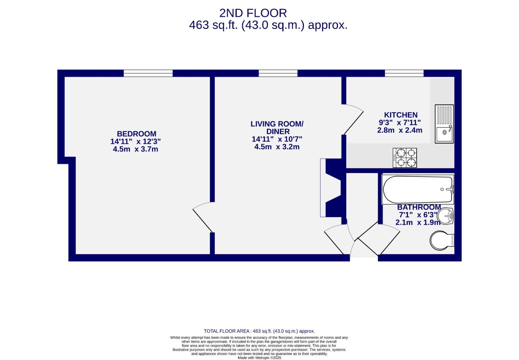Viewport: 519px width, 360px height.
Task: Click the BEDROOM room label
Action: [137, 134]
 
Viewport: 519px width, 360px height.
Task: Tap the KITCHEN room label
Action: [401, 115]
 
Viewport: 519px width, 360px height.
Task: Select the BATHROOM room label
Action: [419, 207]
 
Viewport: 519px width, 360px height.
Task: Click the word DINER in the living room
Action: [278, 132]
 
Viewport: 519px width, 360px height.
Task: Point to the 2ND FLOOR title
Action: [253, 13]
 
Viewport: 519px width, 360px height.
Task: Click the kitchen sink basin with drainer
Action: [444, 124]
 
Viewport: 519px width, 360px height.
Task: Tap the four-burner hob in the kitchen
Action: [405, 158]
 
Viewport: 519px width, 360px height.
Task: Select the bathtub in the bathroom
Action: [418, 189]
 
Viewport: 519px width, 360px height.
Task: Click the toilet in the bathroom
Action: [442, 240]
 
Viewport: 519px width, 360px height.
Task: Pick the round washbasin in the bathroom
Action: [445, 216]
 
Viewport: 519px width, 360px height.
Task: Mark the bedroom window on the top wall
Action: [148, 73]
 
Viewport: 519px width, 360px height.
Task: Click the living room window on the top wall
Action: [278, 73]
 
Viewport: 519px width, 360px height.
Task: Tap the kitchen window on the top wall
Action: [404, 73]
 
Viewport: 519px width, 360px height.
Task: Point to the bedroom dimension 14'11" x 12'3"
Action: [136, 142]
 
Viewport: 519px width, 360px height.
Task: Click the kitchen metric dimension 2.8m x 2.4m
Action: [400, 130]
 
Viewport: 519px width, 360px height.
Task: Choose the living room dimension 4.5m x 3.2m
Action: [277, 147]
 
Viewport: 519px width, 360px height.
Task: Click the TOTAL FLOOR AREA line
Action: [259, 331]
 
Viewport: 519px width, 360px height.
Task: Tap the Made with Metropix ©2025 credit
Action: [259, 358]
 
